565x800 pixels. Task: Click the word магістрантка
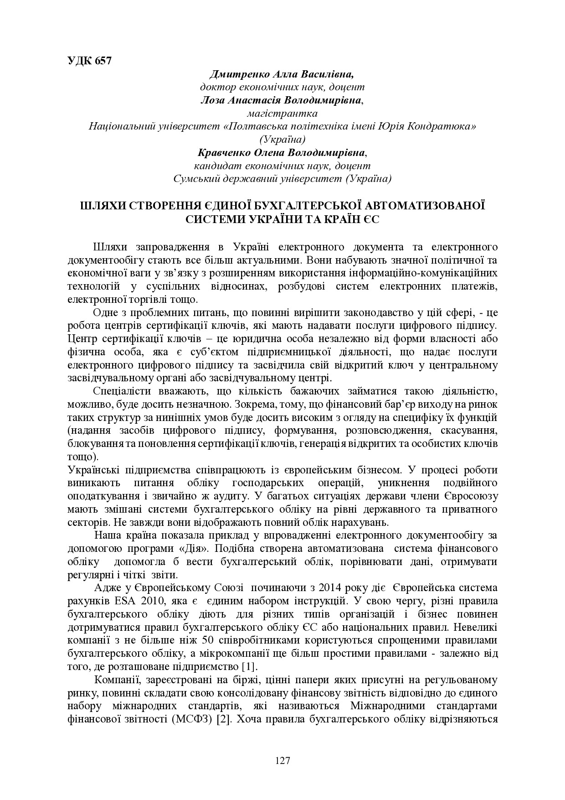pos(282,113)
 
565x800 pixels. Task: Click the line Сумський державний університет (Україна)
pos(282,179)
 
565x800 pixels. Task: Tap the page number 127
pos(282,760)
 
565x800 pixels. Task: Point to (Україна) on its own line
pos(282,139)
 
